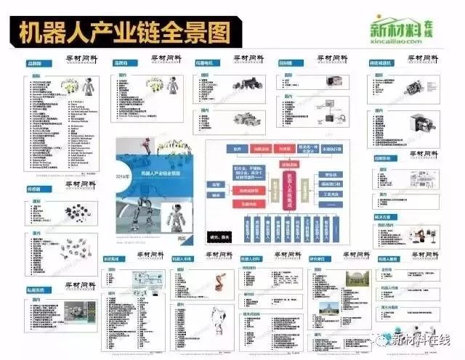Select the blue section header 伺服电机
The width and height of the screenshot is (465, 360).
(204, 63)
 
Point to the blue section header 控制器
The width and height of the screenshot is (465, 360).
(286, 63)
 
